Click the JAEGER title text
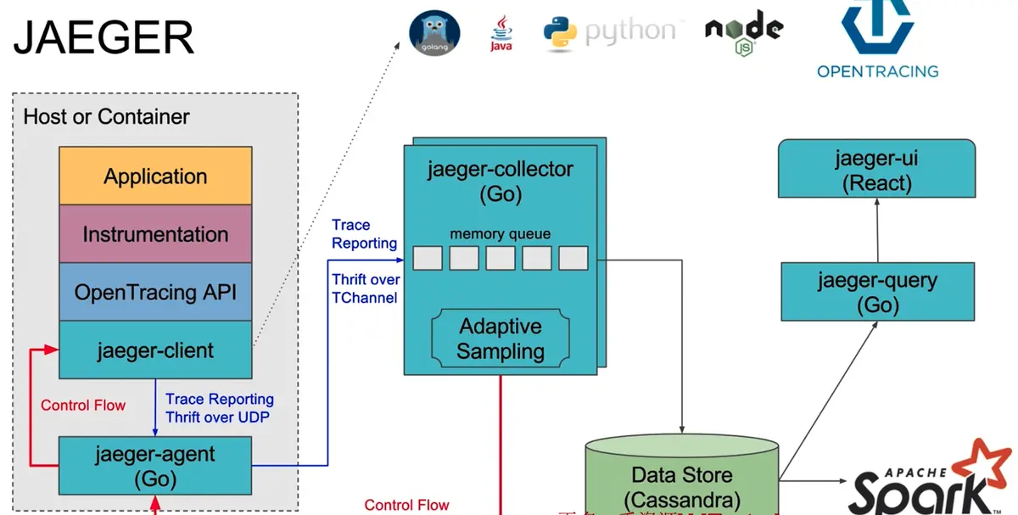(104, 38)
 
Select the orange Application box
(155, 176)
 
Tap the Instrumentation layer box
(155, 234)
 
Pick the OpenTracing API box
(155, 293)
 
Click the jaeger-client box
(155, 350)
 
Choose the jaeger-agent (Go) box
(155, 466)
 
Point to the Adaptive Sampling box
(500, 338)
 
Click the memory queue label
(500, 233)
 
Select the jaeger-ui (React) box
(876, 171)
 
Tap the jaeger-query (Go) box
(876, 292)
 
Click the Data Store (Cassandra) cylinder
(681, 479)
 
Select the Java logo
(501, 33)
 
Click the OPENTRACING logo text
(877, 71)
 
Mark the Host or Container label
(106, 116)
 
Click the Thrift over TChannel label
(366, 288)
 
